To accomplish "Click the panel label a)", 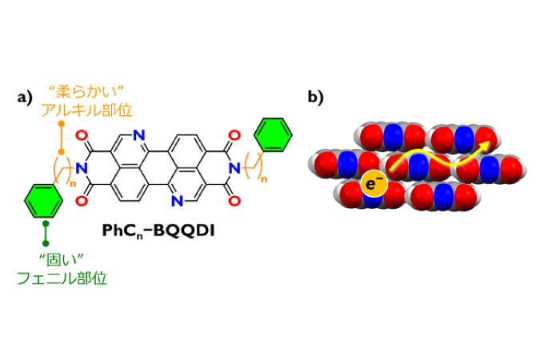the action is [x=25, y=98].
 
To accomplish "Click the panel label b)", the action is [x=315, y=98].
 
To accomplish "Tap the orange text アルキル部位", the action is [x=86, y=110].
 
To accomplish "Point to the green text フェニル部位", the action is [x=62, y=278].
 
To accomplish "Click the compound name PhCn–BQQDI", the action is [x=158, y=231].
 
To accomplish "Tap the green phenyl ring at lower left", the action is [x=43, y=201].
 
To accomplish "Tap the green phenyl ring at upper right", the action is [x=273, y=134].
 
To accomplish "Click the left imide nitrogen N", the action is [x=82, y=169].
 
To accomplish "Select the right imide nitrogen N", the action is [x=235, y=169].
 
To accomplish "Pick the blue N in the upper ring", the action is [x=139, y=135].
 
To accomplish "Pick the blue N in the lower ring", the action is [x=177, y=201].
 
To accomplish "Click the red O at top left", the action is [x=82, y=135].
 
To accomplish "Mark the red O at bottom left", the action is [x=82, y=201].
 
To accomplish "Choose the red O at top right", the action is [x=234, y=135].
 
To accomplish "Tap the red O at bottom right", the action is [x=234, y=201].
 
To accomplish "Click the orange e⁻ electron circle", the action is [x=374, y=184].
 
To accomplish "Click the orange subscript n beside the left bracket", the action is [x=73, y=184].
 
